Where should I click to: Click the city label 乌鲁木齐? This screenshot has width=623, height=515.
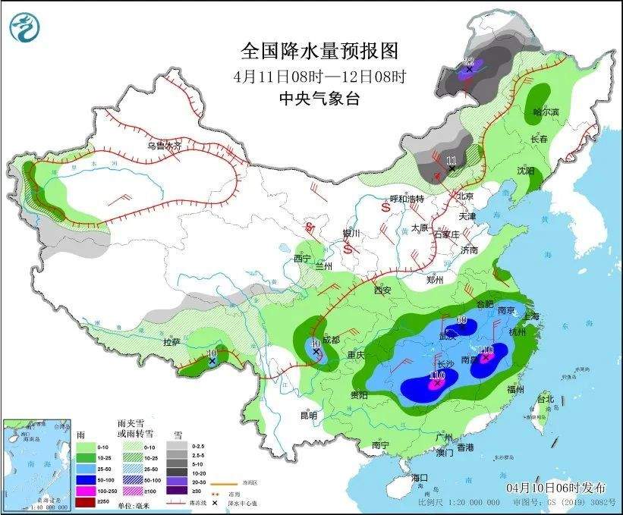click(x=164, y=146)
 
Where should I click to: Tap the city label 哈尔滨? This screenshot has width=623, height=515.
click(x=545, y=111)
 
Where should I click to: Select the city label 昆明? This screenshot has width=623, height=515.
click(x=308, y=415)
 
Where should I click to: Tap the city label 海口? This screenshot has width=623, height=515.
click(x=420, y=477)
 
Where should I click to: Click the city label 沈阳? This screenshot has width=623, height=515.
click(x=526, y=171)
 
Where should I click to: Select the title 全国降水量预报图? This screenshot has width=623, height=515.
click(x=319, y=51)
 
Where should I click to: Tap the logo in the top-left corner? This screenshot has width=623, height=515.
click(x=23, y=27)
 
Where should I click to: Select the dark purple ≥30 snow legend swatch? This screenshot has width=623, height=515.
click(x=178, y=491)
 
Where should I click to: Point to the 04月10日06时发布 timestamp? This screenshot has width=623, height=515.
click(x=549, y=486)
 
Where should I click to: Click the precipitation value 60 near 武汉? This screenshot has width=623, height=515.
click(x=460, y=320)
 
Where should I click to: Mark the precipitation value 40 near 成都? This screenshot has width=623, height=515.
click(x=316, y=343)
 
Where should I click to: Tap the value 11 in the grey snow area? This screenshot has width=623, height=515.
click(x=452, y=160)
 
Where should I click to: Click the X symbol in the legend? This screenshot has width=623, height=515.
click(x=216, y=503)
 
